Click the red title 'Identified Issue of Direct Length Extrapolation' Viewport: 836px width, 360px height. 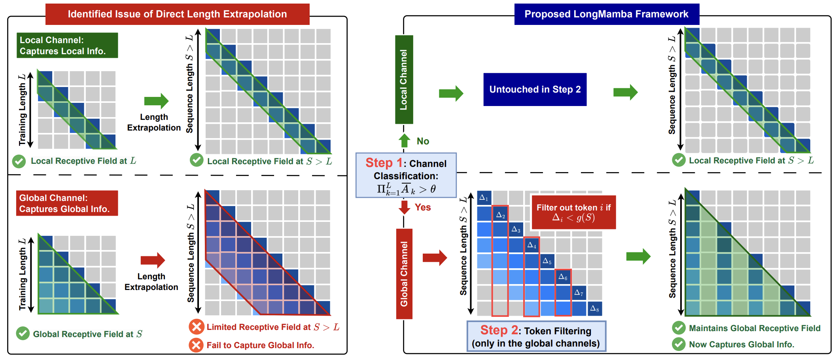(177, 14)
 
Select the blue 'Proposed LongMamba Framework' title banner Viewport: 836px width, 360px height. (607, 14)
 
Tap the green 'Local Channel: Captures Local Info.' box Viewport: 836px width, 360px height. (67, 45)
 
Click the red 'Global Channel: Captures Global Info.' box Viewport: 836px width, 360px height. (67, 203)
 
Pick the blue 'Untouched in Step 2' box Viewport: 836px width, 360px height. (535, 89)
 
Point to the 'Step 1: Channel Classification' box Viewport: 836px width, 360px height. (406, 175)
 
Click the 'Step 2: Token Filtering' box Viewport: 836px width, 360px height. (536, 336)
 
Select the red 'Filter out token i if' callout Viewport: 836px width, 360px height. (574, 212)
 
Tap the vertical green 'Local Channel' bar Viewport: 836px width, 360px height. (404, 80)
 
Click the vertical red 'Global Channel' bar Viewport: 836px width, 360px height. (404, 274)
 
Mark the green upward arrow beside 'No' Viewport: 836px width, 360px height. (404, 140)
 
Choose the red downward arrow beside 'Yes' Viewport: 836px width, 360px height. (404, 207)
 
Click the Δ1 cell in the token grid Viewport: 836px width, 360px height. (484, 198)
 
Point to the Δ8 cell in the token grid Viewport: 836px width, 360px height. (595, 309)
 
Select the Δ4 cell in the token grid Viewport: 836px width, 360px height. (531, 245)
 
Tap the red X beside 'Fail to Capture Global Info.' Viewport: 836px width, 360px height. (196, 345)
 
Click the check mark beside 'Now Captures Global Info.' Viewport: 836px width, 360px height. (679, 344)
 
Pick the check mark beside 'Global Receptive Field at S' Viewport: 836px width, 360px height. (23, 333)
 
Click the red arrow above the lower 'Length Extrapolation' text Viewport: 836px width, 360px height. (153, 260)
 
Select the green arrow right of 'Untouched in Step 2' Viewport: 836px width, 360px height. (626, 93)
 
